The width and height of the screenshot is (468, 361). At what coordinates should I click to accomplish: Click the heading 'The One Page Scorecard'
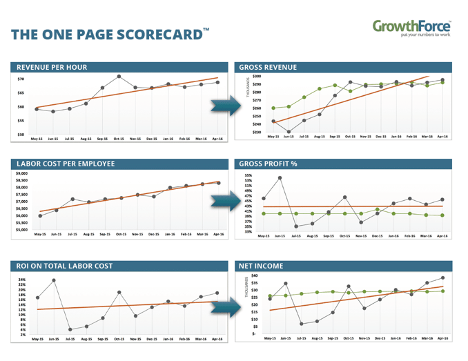click(110, 35)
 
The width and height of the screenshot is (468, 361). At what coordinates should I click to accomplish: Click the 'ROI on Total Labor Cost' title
click(66, 265)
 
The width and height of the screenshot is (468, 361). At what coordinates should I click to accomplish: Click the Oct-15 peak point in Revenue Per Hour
click(119, 77)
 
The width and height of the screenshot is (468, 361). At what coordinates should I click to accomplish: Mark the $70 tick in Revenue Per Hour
click(20, 79)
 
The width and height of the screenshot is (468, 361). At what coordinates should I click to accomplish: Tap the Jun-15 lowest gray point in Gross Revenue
click(289, 131)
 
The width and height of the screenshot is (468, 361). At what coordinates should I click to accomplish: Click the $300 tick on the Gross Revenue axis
click(257, 77)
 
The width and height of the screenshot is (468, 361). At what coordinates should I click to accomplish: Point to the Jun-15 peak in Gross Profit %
click(280, 177)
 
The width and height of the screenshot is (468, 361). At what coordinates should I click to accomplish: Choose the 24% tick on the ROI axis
click(22, 279)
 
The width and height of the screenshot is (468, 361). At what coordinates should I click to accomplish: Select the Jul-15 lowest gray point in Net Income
click(302, 324)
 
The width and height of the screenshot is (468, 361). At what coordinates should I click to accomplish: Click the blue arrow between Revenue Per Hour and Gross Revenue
click(220, 105)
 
